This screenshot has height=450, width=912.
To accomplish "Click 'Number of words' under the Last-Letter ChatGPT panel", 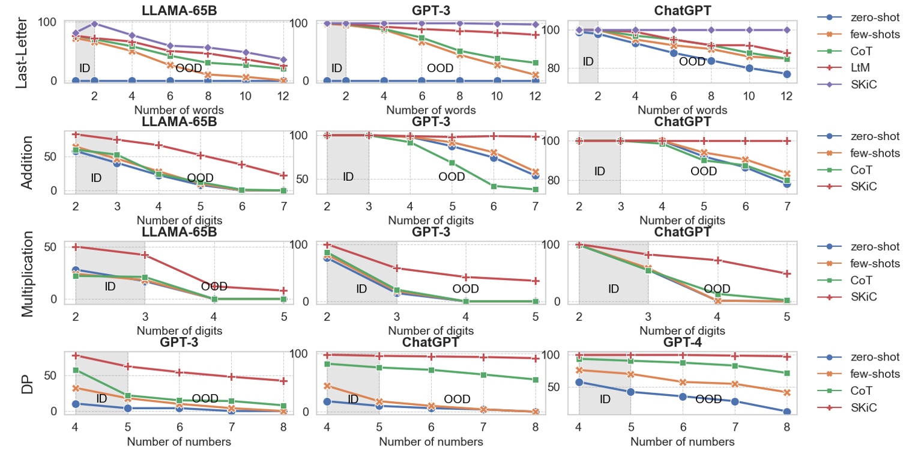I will [x=682, y=111].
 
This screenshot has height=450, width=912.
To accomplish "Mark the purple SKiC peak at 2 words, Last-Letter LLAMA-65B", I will [x=94, y=24].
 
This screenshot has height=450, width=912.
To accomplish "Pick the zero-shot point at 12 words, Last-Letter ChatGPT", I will [x=787, y=74].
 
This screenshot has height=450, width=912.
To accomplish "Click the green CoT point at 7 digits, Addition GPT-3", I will [x=535, y=189].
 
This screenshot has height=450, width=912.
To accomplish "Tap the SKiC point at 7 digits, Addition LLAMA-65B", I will [x=283, y=175].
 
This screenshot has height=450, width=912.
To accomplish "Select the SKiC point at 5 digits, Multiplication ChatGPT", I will [x=787, y=273].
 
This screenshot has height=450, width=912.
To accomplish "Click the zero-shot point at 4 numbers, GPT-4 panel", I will [x=579, y=382].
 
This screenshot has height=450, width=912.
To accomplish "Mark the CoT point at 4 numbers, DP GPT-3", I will [x=76, y=370].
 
